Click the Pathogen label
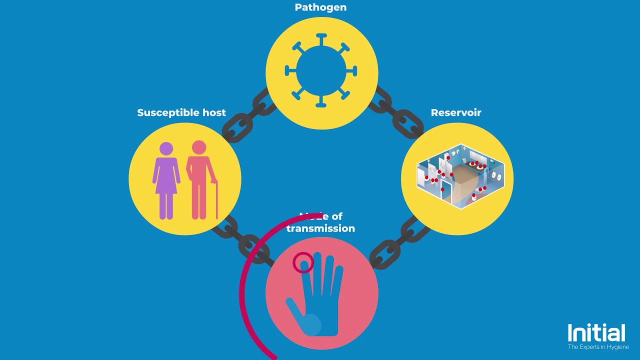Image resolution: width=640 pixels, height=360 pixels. click(x=320, y=7)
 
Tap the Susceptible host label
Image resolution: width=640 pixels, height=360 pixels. click(x=181, y=112)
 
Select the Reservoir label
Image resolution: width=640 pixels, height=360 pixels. click(x=456, y=112)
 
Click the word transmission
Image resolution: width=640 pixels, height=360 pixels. click(x=320, y=228)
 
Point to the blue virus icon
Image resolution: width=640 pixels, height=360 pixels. click(x=321, y=70)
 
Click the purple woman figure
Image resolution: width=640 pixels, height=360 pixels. click(x=166, y=180)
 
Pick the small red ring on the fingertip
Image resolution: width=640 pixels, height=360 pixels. click(x=303, y=262)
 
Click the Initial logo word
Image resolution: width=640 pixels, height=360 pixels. click(x=596, y=333)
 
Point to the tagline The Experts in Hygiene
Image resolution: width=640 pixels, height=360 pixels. click(x=598, y=346)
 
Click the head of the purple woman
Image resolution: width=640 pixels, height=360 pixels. click(x=166, y=148)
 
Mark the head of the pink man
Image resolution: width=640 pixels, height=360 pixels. click(x=199, y=147)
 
